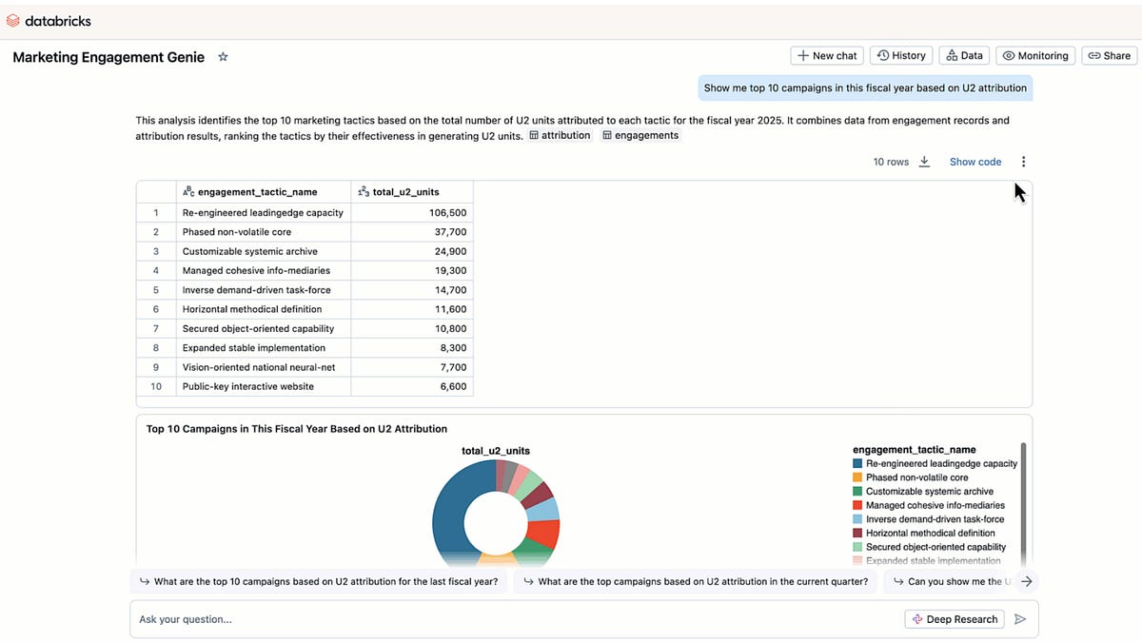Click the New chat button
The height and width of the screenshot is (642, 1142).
click(x=827, y=56)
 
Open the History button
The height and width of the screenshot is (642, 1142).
click(x=900, y=56)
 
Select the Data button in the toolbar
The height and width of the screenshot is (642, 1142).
click(x=964, y=56)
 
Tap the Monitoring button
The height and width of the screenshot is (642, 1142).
click(x=1035, y=56)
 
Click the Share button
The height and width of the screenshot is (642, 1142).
click(x=1109, y=56)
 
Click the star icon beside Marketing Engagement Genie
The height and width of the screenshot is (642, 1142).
click(x=223, y=57)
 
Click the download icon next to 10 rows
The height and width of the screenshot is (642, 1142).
click(x=924, y=162)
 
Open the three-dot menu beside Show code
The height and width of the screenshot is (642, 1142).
click(x=1023, y=162)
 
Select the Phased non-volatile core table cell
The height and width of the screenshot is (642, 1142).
click(x=237, y=232)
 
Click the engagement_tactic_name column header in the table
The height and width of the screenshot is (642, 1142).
click(x=257, y=192)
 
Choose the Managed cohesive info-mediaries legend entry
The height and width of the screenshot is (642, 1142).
click(x=935, y=506)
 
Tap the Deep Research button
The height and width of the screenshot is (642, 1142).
click(x=955, y=619)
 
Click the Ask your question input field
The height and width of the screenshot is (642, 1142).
click(x=514, y=619)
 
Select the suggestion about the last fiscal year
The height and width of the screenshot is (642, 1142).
click(x=319, y=582)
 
